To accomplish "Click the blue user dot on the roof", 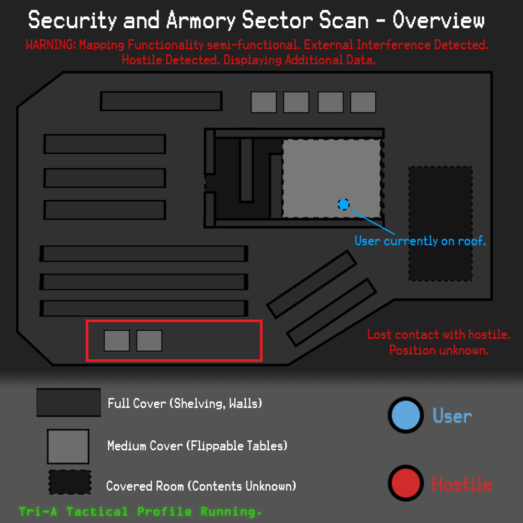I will [x=343, y=204].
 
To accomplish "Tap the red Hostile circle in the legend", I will [x=405, y=484].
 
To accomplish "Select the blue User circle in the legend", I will [x=405, y=415].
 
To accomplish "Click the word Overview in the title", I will [x=438, y=21].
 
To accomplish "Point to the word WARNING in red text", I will [x=50, y=45].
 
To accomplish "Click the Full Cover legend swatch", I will [x=69, y=403].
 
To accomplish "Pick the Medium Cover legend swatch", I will [x=68, y=447].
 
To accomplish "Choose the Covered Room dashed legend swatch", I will [x=70, y=482].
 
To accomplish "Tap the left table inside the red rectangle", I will [x=117, y=341].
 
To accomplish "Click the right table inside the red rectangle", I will [x=149, y=341].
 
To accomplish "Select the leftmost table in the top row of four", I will [x=264, y=102].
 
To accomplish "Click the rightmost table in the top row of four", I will [x=363, y=102].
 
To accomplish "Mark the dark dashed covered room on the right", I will [x=440, y=223].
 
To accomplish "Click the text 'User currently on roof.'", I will [x=420, y=241].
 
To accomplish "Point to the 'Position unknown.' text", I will [x=439, y=350].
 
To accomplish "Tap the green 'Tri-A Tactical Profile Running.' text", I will [x=140, y=511].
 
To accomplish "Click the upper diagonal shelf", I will [x=312, y=283].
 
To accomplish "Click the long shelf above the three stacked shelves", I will [x=161, y=101].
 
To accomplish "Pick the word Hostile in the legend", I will [x=462, y=484].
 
